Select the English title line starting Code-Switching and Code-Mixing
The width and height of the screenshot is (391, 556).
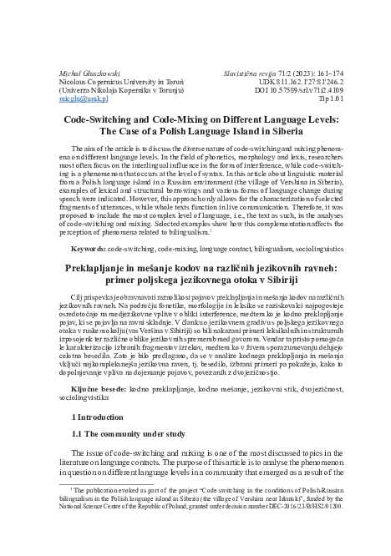195,119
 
